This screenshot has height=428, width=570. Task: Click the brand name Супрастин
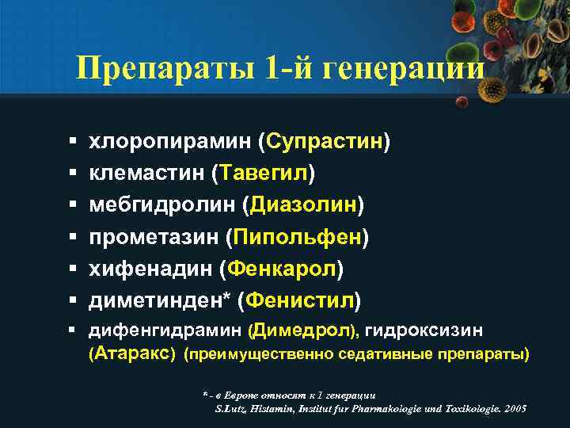(x=325, y=141)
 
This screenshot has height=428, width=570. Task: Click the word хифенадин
(x=149, y=269)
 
